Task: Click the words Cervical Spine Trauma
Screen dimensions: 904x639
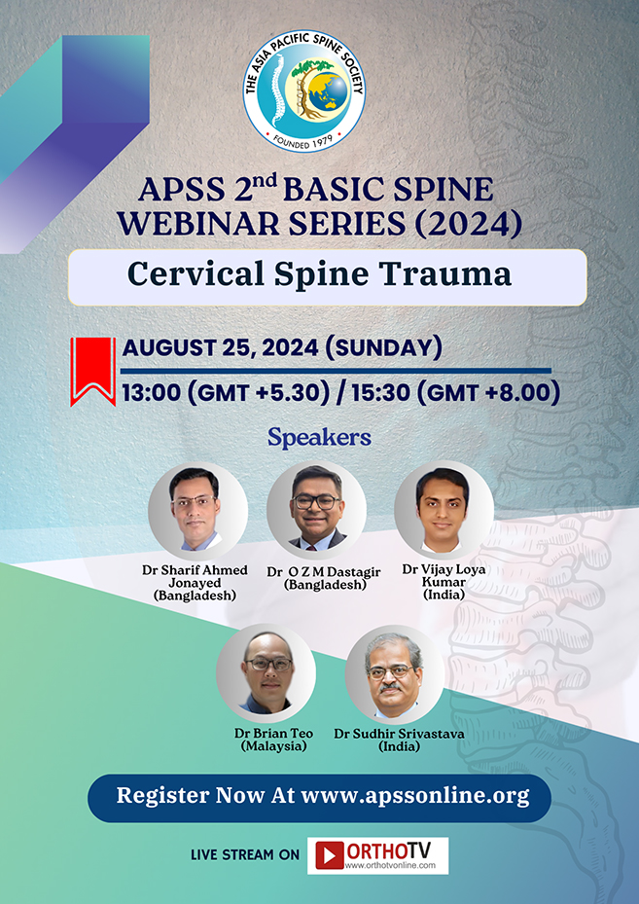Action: (x=320, y=274)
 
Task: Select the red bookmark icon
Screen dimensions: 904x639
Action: (x=93, y=371)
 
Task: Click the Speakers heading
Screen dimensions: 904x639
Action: (x=319, y=438)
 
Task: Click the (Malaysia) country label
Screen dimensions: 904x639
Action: (x=273, y=746)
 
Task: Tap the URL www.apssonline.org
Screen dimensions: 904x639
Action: (x=415, y=796)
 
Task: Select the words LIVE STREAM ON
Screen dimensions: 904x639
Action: (x=245, y=855)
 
